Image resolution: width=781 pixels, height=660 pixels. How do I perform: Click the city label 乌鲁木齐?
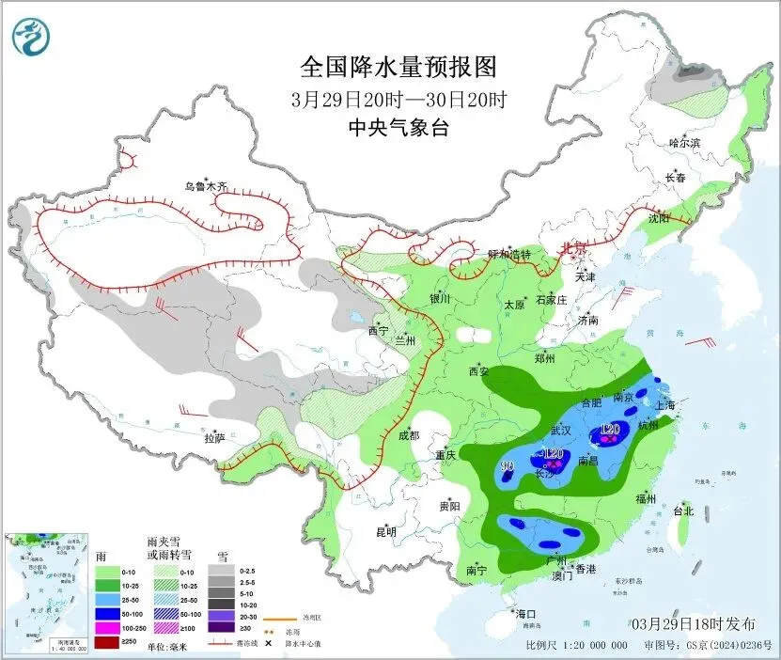206,186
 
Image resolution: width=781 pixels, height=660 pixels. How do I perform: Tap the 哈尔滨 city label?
685,143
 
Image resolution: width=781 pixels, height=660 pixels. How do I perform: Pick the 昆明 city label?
386,532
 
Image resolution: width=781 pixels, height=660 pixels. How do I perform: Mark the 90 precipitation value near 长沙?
507,466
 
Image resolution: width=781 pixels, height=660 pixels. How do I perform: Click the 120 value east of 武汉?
610,430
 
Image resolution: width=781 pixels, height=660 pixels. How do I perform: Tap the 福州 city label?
646,498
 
